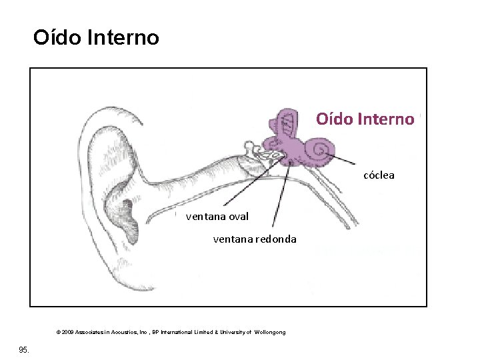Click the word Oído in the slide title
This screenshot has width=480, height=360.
[57, 37]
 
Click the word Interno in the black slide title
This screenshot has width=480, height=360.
[123, 37]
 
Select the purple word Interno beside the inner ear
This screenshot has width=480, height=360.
[386, 119]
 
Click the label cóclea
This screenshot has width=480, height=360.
[379, 175]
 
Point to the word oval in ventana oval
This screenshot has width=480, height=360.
[239, 217]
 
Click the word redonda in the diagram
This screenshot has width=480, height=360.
[276, 239]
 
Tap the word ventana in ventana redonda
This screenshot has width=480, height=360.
[233, 239]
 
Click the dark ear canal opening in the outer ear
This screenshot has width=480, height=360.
[130, 221]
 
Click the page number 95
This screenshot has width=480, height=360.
[24, 349]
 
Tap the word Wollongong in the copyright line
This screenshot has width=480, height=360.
[270, 332]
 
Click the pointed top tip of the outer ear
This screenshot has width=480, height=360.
[141, 124]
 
